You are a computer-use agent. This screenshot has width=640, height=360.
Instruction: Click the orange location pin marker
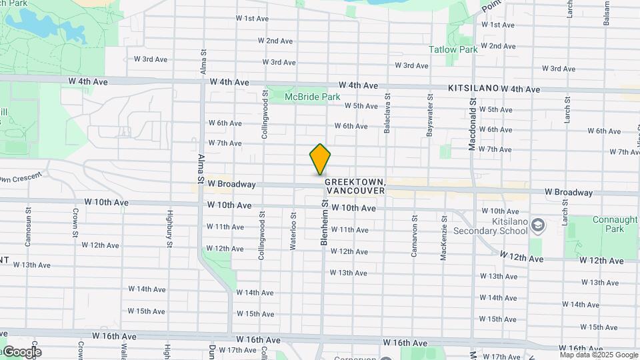(320, 159)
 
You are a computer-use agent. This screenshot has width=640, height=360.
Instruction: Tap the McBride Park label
(312, 97)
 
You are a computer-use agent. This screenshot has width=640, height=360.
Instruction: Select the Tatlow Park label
(453, 49)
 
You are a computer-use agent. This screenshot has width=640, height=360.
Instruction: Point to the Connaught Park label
(606, 224)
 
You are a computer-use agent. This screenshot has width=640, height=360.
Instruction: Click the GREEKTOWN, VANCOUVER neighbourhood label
(355, 186)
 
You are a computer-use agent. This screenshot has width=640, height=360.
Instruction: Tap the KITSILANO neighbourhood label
(473, 88)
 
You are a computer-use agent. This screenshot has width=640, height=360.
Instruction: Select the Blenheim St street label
(325, 223)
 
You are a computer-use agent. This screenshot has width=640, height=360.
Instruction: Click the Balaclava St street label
(387, 115)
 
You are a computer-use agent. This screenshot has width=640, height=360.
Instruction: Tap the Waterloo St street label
(293, 230)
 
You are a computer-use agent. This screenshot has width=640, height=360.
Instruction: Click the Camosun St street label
(29, 230)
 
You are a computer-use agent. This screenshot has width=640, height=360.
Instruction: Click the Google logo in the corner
(22, 352)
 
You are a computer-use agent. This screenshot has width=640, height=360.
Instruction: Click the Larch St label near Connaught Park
(565, 215)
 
